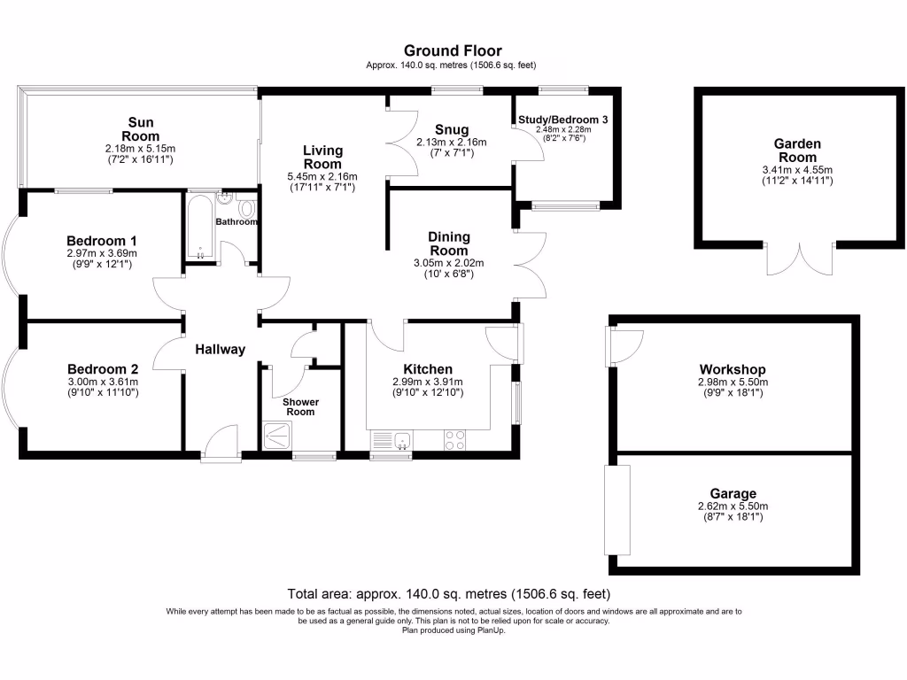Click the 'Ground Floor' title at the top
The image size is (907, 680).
coord(452,50)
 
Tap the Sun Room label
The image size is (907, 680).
coord(141,129)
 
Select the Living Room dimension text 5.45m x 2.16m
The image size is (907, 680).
coord(322,177)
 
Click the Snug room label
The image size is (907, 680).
coord(452,130)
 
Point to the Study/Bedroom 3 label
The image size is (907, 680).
coord(563,119)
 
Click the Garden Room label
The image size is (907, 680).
coord(797,150)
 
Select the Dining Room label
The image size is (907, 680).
coord(448,243)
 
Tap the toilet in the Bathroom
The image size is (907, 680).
coord(246,208)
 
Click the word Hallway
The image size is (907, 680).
coord(221,350)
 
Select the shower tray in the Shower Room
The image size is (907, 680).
coord(281,435)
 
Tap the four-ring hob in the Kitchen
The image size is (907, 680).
coord(455,439)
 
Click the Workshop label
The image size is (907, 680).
coord(732,369)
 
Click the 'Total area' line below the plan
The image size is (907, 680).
coord(449,594)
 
